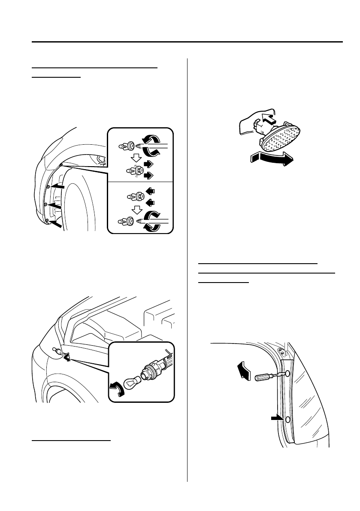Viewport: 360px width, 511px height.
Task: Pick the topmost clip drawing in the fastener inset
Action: (127, 146)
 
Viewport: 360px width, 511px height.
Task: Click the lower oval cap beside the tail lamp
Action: (287, 419)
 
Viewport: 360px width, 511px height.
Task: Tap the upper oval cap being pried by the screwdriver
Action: (287, 374)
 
